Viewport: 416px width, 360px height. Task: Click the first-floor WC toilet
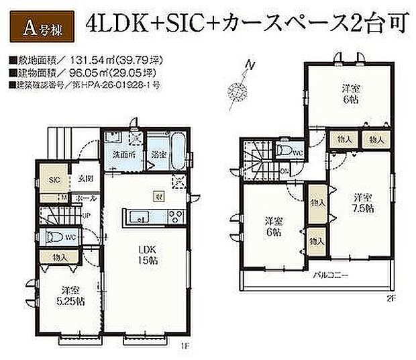tap(52, 237)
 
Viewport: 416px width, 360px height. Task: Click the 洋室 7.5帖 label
tap(363, 202)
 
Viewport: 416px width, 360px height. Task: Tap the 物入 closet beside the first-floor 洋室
tap(58, 257)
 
